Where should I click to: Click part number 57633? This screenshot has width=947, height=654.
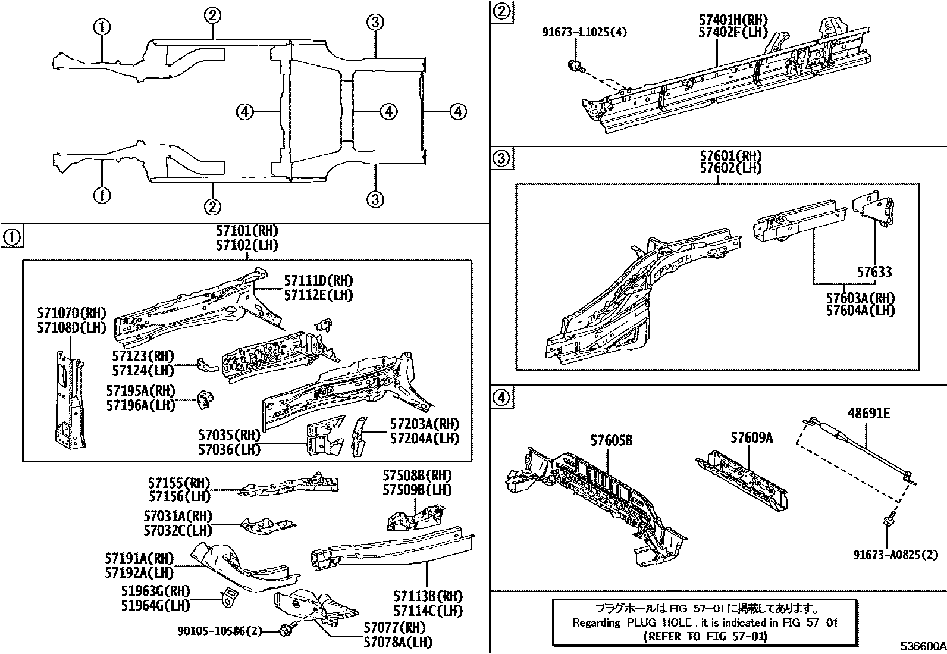pos(874,272)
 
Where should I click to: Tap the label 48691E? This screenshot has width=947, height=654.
pos(868,413)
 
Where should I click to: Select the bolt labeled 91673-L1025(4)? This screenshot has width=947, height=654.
pos(575,66)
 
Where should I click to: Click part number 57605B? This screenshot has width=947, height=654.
pos(612,440)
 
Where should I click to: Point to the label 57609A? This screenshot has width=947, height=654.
pos(751,438)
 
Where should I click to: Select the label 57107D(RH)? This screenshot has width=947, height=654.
pos(71,313)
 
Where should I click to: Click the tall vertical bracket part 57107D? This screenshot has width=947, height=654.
pos(70,399)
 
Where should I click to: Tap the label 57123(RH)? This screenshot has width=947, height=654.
pos(143,356)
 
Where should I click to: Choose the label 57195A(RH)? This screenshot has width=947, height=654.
pos(140,391)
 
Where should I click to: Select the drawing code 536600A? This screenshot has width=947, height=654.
pos(922,646)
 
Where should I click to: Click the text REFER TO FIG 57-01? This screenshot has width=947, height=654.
pos(705,636)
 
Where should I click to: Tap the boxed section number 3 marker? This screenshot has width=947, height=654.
pos(501,159)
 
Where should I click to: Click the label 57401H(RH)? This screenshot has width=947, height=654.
pos(733,20)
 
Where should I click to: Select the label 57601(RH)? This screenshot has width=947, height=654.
pos(730,156)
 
